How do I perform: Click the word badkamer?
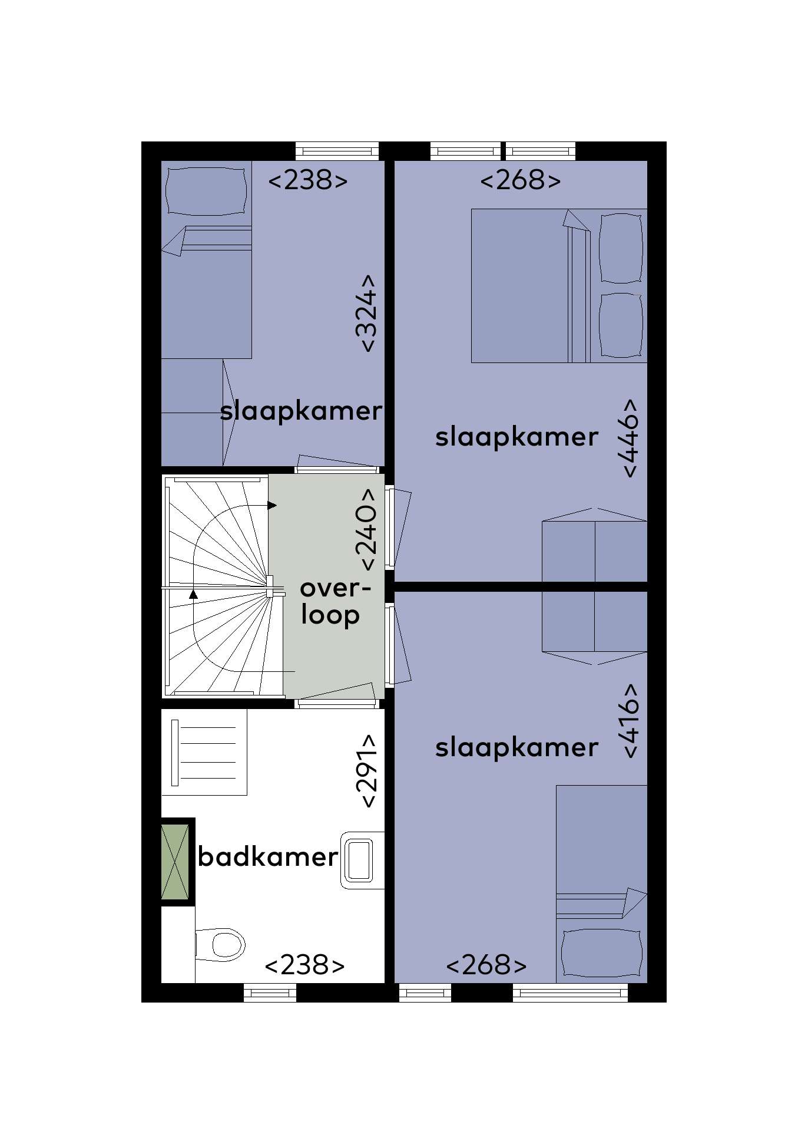[268, 857]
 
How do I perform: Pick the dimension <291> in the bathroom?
[366, 770]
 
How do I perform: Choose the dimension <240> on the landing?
[365, 529]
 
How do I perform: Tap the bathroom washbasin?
[362, 860]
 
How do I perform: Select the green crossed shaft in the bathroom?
[175, 862]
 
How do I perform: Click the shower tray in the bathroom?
[204, 752]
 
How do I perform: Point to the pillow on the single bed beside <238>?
[206, 191]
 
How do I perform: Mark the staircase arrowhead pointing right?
[272, 505]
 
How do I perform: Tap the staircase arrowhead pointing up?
[193, 594]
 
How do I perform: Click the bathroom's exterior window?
[270, 993]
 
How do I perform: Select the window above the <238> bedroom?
[337, 151]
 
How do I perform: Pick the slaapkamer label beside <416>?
[516, 748]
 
